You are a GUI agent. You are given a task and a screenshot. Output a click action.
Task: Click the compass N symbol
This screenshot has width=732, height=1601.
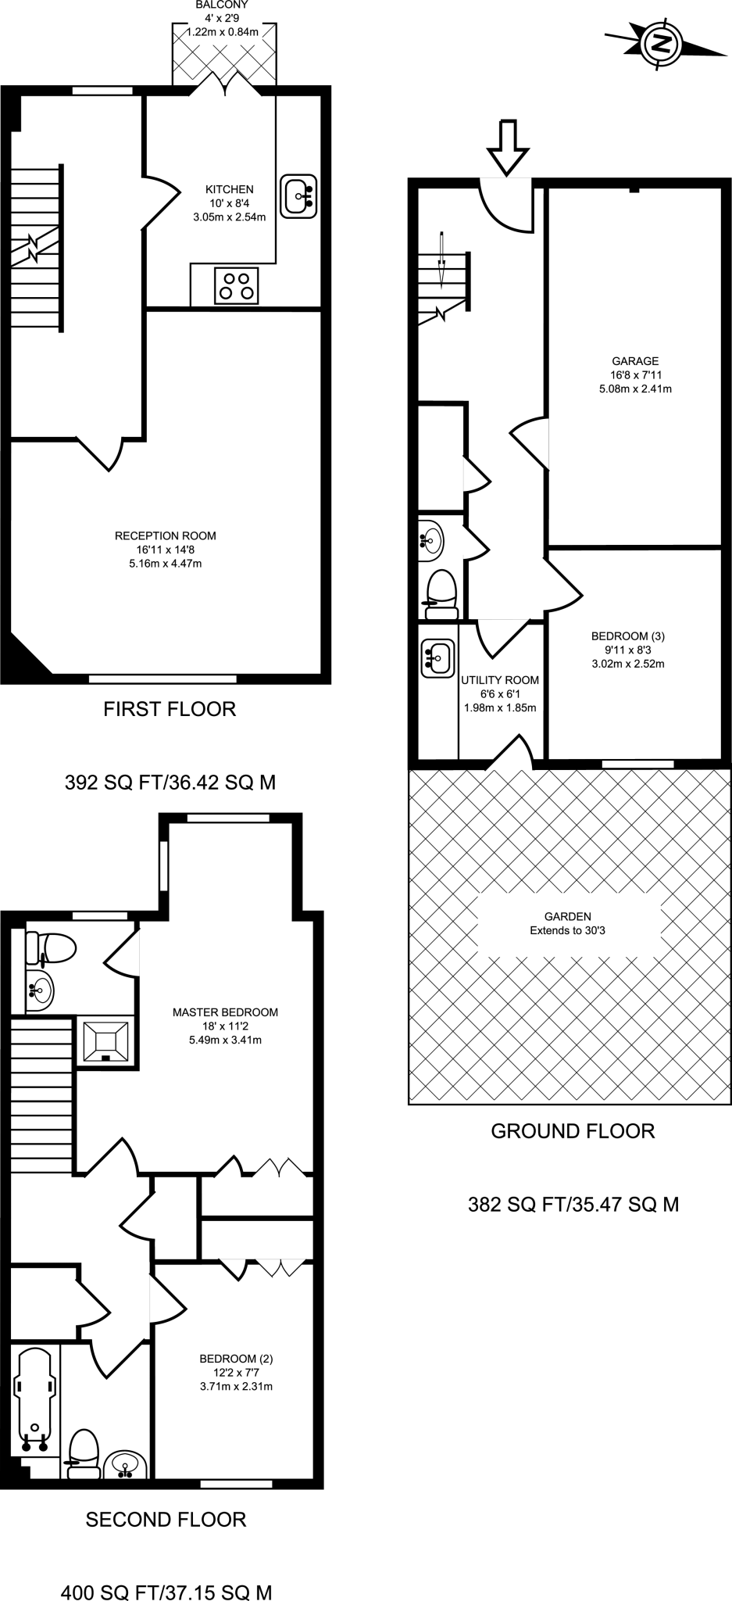pyautogui.click(x=662, y=44)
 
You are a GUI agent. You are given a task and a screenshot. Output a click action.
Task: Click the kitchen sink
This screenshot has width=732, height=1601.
pyautogui.click(x=298, y=195)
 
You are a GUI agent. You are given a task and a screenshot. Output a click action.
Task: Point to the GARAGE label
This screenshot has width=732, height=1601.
pyautogui.click(x=635, y=361)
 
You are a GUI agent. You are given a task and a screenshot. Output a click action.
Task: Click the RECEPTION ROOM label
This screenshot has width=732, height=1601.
pyautogui.click(x=166, y=535)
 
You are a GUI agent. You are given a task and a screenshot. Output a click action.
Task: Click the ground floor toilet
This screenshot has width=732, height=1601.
pyautogui.click(x=441, y=593)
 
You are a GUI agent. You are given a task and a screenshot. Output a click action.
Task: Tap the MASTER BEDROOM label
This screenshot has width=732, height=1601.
pyautogui.click(x=225, y=1012)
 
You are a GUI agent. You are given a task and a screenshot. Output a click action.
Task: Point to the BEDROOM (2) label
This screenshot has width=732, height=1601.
pyautogui.click(x=236, y=1359)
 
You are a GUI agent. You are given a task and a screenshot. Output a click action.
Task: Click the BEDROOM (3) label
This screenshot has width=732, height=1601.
pyautogui.click(x=628, y=636)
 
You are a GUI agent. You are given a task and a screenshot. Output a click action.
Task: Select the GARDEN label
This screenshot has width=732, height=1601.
pyautogui.click(x=568, y=916)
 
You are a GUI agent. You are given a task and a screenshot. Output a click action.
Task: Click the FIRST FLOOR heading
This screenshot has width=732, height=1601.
pyautogui.click(x=170, y=709)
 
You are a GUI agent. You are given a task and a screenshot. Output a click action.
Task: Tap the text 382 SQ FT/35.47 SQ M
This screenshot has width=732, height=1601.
pyautogui.click(x=573, y=1205)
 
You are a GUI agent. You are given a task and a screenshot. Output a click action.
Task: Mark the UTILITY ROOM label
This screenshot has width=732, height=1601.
pyautogui.click(x=500, y=680)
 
